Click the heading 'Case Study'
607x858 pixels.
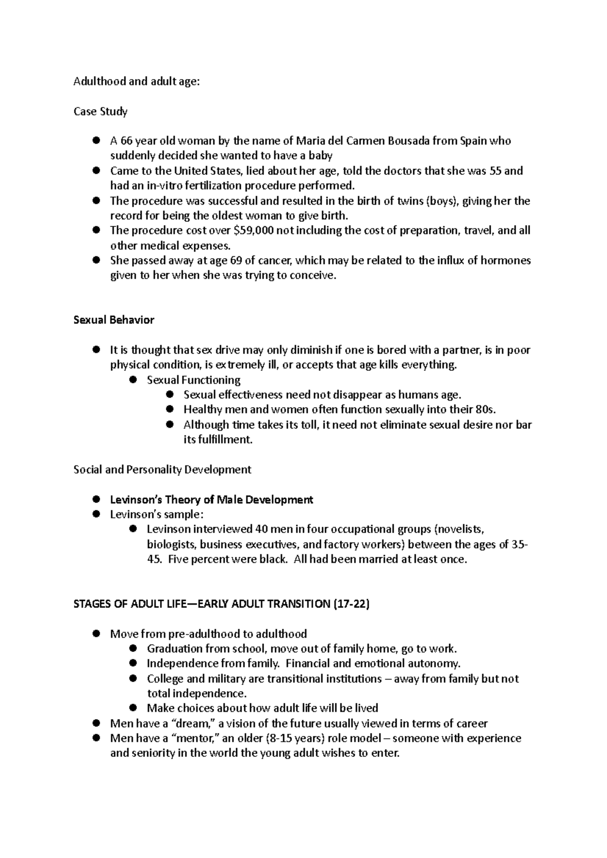click(x=100, y=111)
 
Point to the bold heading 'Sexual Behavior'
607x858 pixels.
click(x=114, y=320)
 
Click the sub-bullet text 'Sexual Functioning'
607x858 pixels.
click(x=193, y=379)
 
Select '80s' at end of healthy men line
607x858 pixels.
click(x=486, y=409)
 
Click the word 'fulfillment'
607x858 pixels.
click(x=223, y=440)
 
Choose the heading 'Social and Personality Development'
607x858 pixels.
click(x=162, y=469)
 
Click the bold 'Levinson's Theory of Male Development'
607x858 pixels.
click(x=211, y=500)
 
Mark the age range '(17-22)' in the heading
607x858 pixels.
click(x=352, y=604)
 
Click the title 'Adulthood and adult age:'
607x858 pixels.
click(x=137, y=81)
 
